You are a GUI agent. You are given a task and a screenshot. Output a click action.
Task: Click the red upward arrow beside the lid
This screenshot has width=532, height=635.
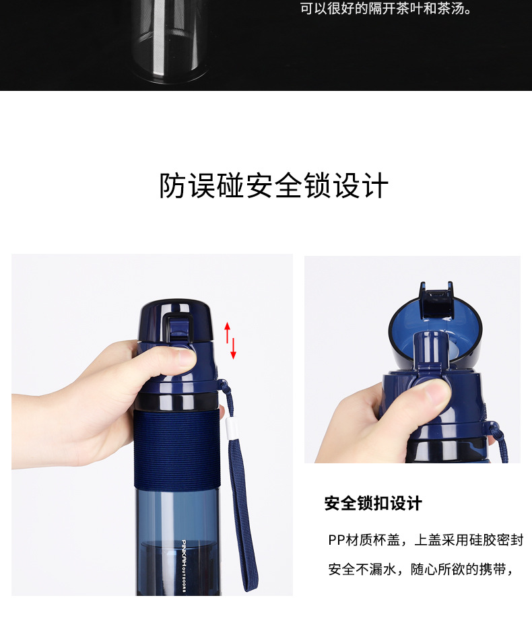[227, 332]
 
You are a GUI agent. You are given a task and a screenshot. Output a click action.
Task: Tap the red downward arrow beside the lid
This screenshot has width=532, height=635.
[233, 348]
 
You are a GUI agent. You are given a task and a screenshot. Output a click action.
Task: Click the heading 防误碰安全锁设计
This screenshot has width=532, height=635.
[273, 185]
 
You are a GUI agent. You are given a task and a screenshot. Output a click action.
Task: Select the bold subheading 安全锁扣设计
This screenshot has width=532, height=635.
[373, 504]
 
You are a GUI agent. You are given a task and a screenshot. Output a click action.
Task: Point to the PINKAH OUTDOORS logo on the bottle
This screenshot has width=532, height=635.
[183, 566]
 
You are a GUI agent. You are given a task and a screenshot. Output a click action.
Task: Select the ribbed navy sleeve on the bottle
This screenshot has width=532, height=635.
[177, 450]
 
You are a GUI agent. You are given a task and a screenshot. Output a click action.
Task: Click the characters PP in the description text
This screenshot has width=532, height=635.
[336, 540]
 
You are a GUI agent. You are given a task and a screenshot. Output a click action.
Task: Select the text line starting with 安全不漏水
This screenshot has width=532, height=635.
[421, 569]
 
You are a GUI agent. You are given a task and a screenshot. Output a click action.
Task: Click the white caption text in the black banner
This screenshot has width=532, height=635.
[387, 9]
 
